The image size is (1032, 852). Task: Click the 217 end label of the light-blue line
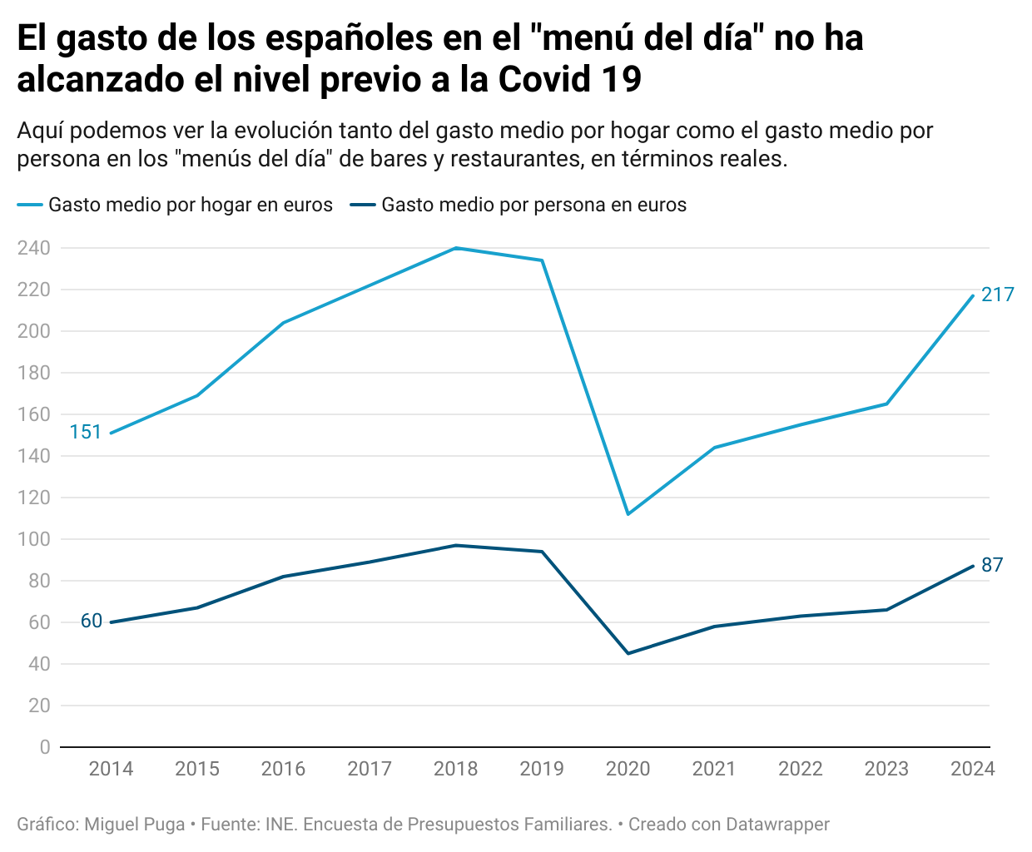997,295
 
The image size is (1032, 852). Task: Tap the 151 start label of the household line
85,432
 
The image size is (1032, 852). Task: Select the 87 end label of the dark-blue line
992,566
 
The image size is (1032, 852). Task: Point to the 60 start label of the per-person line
92,622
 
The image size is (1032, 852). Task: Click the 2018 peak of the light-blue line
456,248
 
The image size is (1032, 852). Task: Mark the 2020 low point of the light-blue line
628,514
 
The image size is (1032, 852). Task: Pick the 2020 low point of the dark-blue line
628,653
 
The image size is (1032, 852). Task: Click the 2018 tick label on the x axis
456,769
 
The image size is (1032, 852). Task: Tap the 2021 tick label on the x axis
714,769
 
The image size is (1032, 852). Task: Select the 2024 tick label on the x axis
972,769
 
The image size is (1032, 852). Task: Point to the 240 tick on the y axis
33,248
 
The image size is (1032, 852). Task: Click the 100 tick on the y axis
33,539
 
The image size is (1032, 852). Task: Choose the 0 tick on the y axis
45,747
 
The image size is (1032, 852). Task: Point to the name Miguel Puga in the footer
135,825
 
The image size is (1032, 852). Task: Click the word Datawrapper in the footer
777,825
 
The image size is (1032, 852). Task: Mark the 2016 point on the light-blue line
284,323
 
